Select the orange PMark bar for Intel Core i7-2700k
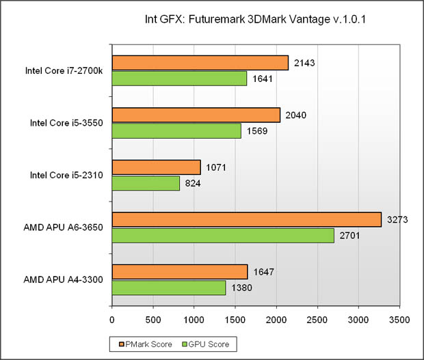tap(200, 63)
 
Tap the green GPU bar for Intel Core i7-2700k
tap(179, 79)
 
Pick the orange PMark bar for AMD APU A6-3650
tap(246, 219)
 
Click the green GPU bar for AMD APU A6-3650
tap(223, 235)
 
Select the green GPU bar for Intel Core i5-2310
tap(146, 183)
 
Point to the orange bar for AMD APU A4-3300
tap(179, 272)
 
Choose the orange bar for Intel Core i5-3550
tap(196, 115)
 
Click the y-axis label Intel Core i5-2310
tap(66, 176)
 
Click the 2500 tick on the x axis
tap(318, 319)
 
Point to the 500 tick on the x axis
tap(153, 319)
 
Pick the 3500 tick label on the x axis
tap(400, 319)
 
